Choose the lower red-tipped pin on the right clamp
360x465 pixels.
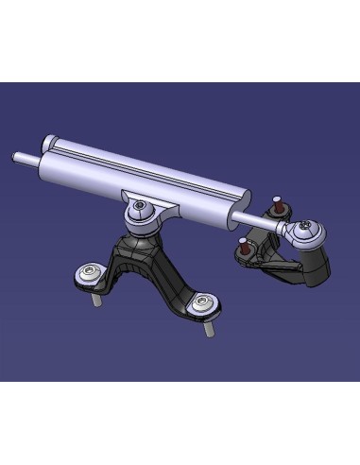pyautogui.click(x=243, y=247)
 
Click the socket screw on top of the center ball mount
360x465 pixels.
pyautogui.click(x=140, y=206)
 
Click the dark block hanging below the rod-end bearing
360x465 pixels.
pyautogui.click(x=312, y=265)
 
